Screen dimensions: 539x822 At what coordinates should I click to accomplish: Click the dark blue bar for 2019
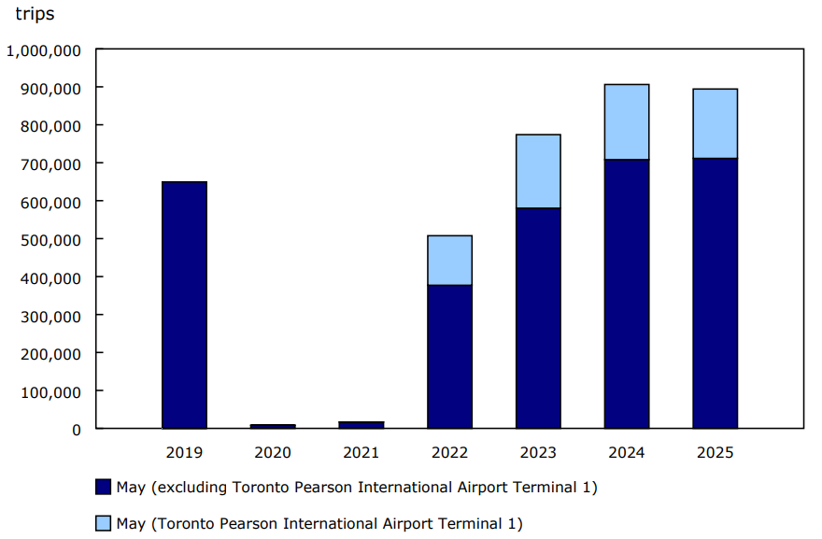184,305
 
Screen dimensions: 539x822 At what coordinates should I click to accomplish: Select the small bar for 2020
273,426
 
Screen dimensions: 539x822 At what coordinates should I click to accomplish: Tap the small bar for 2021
361,425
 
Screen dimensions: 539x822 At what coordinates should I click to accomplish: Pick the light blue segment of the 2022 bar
449,260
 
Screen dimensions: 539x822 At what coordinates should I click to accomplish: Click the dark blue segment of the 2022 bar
449,356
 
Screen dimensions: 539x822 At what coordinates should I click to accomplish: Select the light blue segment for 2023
538,171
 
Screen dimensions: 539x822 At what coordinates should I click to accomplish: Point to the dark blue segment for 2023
538,318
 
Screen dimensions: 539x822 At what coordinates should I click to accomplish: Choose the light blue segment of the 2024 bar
627,121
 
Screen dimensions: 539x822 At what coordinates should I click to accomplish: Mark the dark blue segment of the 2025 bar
715,293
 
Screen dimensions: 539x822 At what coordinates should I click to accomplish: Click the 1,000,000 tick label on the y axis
43,50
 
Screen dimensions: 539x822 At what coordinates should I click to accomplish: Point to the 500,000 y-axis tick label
50,239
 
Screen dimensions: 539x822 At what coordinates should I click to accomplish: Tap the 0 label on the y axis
76,430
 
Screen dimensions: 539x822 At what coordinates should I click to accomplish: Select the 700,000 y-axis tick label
50,163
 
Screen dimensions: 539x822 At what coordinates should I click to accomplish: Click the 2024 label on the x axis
627,453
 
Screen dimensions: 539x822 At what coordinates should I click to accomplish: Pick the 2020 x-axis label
273,453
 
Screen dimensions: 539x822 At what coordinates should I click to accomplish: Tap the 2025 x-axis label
715,453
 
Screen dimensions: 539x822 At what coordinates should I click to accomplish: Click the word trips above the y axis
35,14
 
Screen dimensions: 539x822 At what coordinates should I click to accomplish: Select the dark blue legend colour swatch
104,487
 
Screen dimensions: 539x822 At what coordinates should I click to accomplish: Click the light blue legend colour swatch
104,523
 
